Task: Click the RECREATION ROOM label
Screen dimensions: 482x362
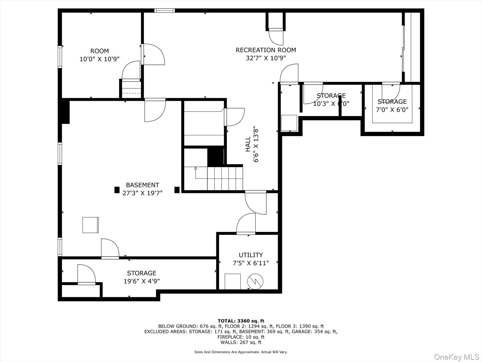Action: (x=266, y=50)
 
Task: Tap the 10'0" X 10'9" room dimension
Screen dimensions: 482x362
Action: (x=99, y=59)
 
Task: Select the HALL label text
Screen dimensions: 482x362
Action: (x=248, y=144)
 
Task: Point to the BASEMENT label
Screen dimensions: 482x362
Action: (x=142, y=185)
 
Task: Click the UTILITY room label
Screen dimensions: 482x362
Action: (x=251, y=255)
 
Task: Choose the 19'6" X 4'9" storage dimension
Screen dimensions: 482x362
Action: (x=142, y=281)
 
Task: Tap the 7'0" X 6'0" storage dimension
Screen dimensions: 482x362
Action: (x=392, y=110)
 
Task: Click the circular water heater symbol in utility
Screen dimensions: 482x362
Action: (x=255, y=281)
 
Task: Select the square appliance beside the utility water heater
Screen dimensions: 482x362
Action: (x=233, y=281)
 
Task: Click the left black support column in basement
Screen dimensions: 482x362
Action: (x=117, y=190)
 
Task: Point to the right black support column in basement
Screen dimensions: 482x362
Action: (x=177, y=190)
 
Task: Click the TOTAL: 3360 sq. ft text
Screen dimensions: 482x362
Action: (x=241, y=321)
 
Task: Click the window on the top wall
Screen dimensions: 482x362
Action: (x=165, y=10)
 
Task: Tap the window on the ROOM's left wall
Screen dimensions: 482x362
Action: (x=60, y=57)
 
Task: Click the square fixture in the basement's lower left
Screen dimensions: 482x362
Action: (x=90, y=225)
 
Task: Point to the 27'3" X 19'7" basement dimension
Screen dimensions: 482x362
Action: (x=142, y=193)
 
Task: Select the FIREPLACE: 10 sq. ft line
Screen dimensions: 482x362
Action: (x=241, y=337)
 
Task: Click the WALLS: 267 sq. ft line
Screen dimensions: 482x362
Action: (x=241, y=342)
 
